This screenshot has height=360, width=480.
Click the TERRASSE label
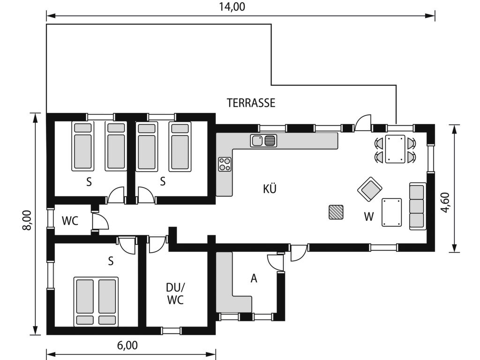[x=251, y=103]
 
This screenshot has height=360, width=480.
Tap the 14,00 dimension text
[x=232, y=7]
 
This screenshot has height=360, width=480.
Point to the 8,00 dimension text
[x=27, y=220]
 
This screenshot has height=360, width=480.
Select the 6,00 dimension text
[x=127, y=345]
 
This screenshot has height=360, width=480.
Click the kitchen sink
[x=263, y=141]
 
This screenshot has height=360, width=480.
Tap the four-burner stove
[x=225, y=164]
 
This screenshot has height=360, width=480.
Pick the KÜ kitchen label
[x=270, y=189]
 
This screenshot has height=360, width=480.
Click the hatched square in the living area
[x=336, y=212]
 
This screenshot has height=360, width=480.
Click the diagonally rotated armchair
[x=370, y=189]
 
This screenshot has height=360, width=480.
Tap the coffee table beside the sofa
[x=391, y=212]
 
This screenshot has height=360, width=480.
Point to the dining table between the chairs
[x=395, y=149]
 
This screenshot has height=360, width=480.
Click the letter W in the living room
[x=369, y=217]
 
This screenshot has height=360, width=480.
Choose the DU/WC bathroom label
[x=176, y=294]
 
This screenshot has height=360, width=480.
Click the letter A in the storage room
[x=254, y=278]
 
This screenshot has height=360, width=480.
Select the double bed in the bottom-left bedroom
[x=96, y=302]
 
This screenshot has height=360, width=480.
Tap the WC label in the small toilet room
[x=70, y=221]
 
